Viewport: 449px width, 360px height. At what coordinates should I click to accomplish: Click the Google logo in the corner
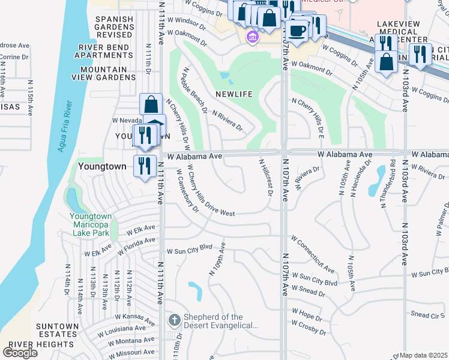[x=20, y=352]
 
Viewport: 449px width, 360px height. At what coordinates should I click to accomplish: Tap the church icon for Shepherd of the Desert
[x=173, y=319]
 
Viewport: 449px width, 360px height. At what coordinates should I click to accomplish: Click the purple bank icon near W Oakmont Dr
[x=252, y=38]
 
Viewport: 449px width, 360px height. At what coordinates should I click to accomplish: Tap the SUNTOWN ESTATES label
[x=58, y=330]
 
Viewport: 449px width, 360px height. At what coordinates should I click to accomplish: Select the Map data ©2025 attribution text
[x=424, y=355]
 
